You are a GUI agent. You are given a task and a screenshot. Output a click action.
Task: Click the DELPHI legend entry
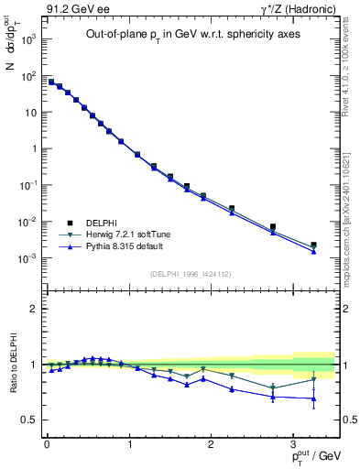[x=91, y=223]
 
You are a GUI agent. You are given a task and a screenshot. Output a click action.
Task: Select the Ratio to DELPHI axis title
[x=13, y=364]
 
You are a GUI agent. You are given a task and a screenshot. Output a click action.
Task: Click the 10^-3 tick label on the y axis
[x=27, y=258]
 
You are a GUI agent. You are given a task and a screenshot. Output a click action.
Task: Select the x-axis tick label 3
[x=293, y=444]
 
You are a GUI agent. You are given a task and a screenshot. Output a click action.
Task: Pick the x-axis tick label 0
[x=46, y=444]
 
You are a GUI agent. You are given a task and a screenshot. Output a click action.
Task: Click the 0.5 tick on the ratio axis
[x=30, y=420]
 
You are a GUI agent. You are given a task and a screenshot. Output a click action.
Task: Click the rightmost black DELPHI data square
[x=313, y=245]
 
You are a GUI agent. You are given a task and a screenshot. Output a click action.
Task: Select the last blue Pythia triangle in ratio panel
[x=313, y=398]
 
